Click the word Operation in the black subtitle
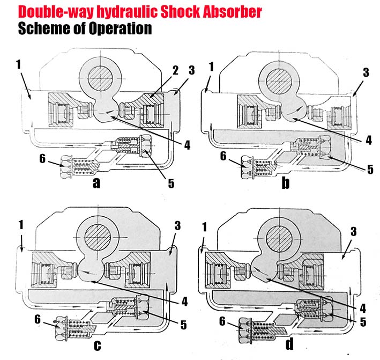pos(110,28)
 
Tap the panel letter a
pos(96,183)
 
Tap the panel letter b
pos(286,184)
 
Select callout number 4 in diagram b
pos(368,141)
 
